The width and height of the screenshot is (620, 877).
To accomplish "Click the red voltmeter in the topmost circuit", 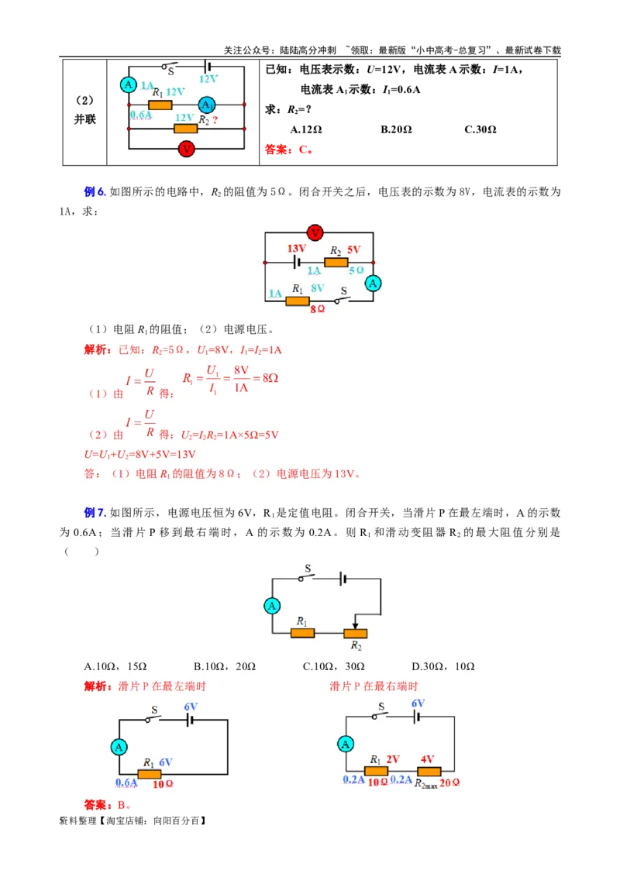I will click(186, 149).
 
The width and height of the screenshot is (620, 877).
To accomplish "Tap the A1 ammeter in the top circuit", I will click(206, 105).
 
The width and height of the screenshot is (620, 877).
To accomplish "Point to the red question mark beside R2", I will click(215, 120).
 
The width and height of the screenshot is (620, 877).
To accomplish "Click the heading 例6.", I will click(94, 191).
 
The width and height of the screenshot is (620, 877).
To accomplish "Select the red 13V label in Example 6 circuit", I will click(297, 249).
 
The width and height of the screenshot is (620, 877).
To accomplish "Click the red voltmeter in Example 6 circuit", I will click(315, 232).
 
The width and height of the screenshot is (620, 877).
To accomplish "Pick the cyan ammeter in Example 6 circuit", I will click(374, 284).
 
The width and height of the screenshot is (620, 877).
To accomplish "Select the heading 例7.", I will click(94, 513).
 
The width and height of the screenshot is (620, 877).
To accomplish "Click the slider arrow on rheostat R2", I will click(355, 624).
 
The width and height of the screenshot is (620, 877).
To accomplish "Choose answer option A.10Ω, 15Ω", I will click(115, 666).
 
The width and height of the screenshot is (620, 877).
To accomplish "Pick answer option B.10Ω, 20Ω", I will click(225, 666).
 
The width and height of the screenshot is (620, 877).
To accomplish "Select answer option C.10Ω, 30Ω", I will click(334, 666).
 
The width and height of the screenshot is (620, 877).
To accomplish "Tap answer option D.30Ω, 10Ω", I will click(443, 666).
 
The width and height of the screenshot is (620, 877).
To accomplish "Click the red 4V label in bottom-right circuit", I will click(427, 760).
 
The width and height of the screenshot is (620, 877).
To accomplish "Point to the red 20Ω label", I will click(450, 782).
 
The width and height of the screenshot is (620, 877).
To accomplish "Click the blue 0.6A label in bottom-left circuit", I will click(126, 782).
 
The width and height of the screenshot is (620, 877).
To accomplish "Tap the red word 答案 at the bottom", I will click(95, 805).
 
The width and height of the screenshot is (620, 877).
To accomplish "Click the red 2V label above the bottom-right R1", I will click(393, 760).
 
